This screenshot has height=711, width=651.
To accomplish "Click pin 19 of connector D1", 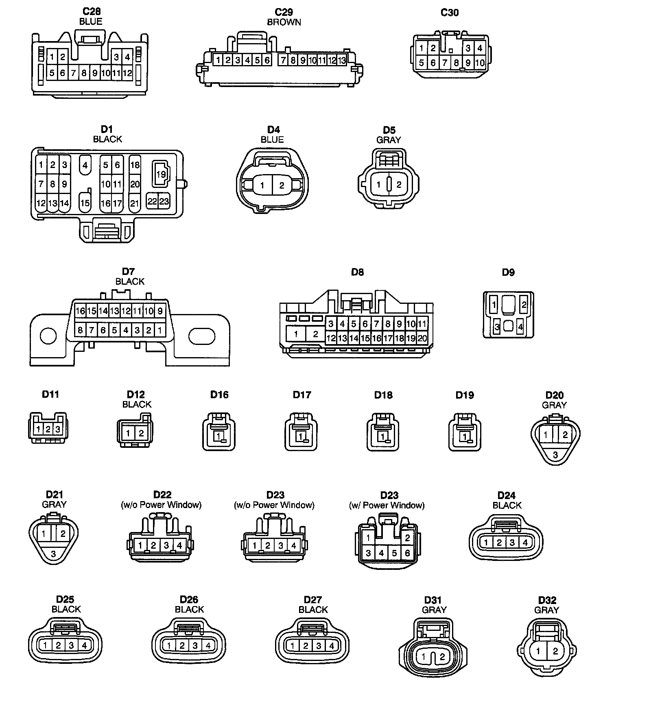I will (161, 174).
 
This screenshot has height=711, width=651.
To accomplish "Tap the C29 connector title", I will (284, 12).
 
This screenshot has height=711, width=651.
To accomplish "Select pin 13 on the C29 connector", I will (342, 61).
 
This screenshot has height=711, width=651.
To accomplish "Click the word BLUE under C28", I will (91, 22).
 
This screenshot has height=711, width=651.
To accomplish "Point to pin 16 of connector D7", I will (80, 311).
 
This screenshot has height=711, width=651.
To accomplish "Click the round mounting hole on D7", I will (48, 336).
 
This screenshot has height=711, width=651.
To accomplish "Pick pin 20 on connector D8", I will (422, 338).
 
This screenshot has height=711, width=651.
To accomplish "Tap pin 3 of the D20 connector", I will (555, 455).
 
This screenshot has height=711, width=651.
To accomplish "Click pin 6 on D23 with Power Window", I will (407, 553).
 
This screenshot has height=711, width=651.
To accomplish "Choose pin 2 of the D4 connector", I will (282, 185).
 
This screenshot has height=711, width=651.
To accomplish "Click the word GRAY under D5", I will (389, 140).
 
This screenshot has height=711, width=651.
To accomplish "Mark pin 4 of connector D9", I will (520, 327).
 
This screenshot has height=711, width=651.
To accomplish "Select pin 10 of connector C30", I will (480, 63).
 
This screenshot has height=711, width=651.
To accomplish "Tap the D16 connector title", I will (219, 395).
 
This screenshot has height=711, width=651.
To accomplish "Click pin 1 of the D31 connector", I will (424, 656).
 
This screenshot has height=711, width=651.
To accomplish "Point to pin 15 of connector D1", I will (85, 203).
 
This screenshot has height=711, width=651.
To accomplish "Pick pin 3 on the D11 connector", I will (58, 429).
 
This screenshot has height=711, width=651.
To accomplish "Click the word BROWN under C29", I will (284, 22).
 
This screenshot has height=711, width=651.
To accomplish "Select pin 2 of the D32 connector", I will (555, 651).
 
